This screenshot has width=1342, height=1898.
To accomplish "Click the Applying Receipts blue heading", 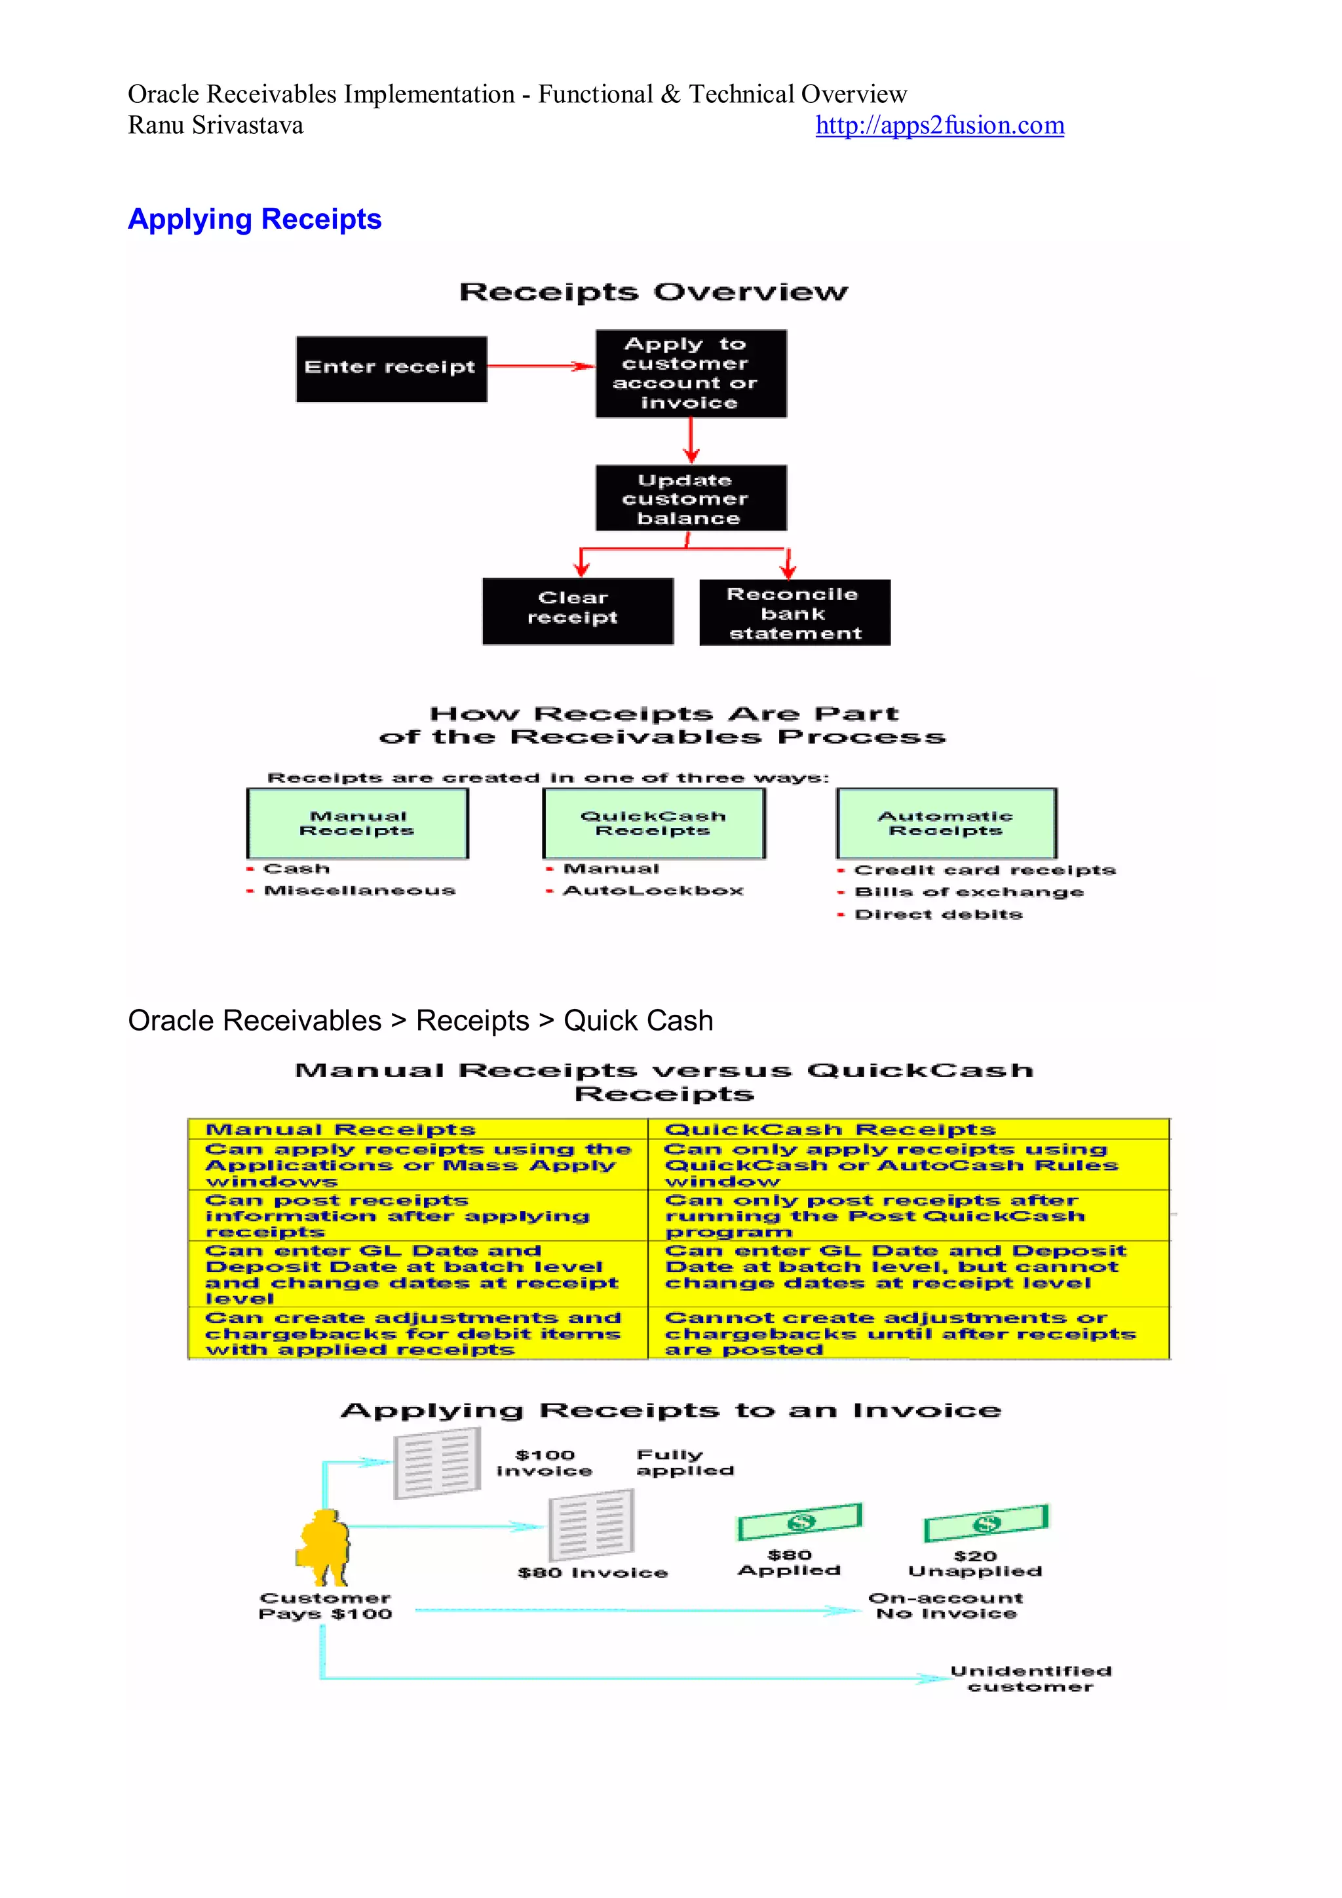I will click(x=254, y=219).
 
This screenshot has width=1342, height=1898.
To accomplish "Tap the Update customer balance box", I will click(x=691, y=498).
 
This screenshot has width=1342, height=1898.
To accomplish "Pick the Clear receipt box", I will click(x=577, y=610).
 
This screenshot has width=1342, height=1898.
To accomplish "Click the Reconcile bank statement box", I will click(x=794, y=612).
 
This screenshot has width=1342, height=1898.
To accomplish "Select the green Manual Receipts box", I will click(x=357, y=823).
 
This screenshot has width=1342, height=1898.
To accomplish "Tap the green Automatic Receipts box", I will click(x=946, y=823).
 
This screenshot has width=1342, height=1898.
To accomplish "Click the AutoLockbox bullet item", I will click(x=653, y=890).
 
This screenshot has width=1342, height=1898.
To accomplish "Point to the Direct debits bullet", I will click(x=938, y=915).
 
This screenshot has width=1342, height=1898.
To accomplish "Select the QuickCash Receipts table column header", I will click(x=830, y=1129).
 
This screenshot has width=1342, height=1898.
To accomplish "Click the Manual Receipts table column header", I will click(x=341, y=1129).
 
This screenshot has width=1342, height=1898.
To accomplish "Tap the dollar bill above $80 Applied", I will click(x=799, y=1522).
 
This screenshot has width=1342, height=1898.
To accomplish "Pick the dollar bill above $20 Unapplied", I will click(x=985, y=1524).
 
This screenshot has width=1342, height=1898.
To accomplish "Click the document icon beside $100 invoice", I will click(x=437, y=1464).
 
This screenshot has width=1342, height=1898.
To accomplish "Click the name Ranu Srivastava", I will click(x=216, y=126).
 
